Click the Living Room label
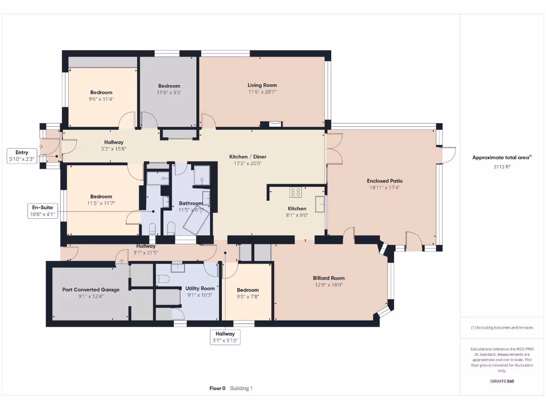coord(262,85)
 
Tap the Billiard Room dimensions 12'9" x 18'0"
coord(328,285)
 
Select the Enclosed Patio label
coord(384,181)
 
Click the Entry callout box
coord(22,156)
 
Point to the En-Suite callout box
coord(43,211)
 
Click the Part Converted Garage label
coord(91,290)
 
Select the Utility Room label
coord(200,288)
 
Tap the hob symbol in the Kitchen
coord(295,192)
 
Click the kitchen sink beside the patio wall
coord(320,204)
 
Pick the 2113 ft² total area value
coord(502,167)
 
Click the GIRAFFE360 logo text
coord(502,381)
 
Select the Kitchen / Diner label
coord(247,157)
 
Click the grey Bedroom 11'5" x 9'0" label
coord(169,86)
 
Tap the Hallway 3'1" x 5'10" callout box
coord(226,337)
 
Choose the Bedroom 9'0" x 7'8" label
coord(247,290)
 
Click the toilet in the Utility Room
coord(163,279)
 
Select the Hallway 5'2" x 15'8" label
coord(114,142)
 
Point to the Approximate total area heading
coord(501,158)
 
